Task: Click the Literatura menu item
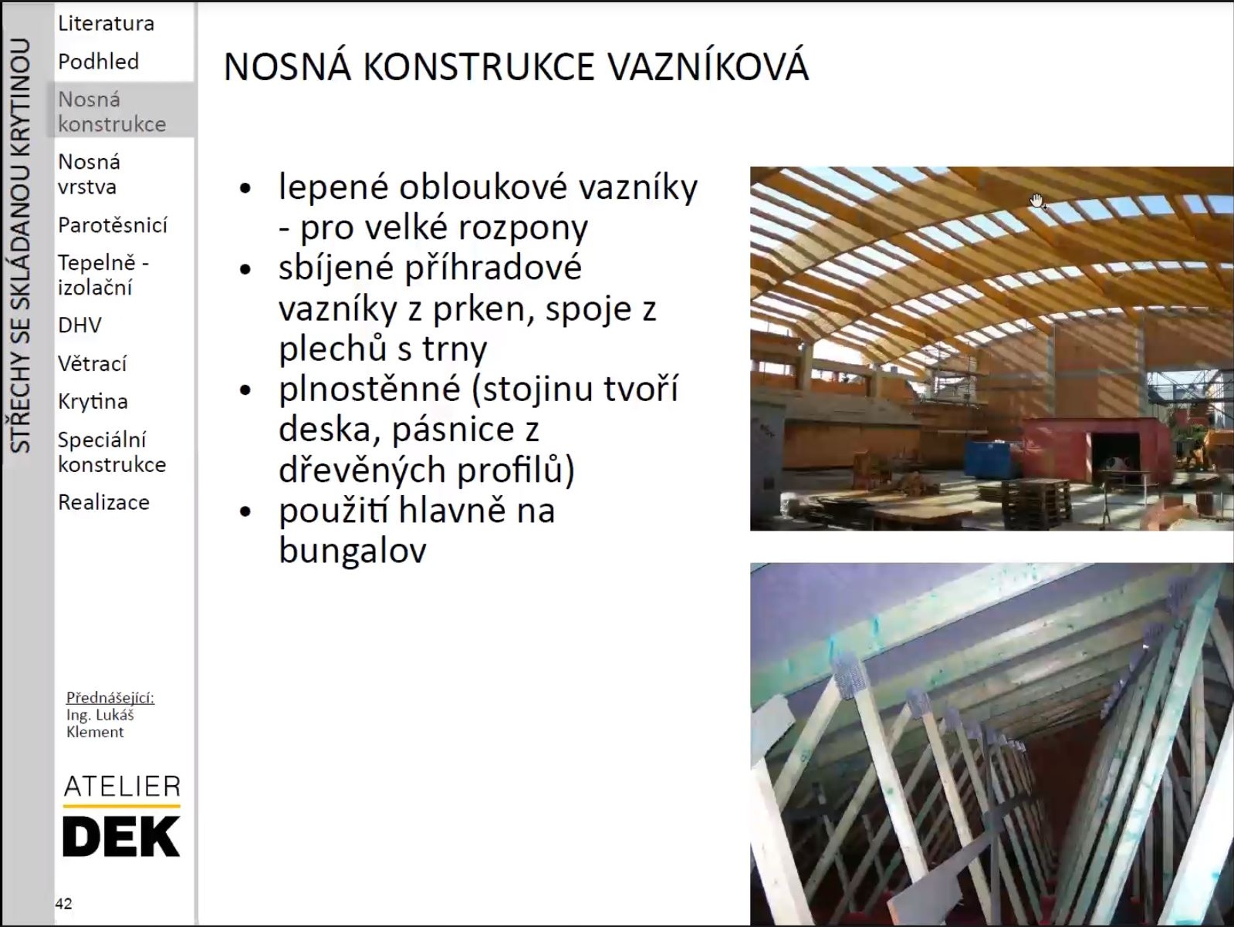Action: click(106, 23)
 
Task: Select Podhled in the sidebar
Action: click(98, 61)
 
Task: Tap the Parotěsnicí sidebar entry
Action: click(113, 225)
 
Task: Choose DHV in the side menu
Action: click(79, 325)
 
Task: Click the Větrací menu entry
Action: click(92, 363)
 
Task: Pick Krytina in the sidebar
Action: click(93, 401)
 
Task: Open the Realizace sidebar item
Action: click(103, 502)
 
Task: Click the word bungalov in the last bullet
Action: click(353, 550)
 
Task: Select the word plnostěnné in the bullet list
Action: click(370, 389)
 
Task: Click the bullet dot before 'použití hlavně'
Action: click(245, 512)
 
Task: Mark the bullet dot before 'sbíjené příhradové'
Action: click(245, 269)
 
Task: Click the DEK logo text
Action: click(121, 837)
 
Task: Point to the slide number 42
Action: click(63, 903)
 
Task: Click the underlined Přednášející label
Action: click(110, 697)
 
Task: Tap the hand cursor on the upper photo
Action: click(1036, 201)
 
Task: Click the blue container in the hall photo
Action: click(993, 459)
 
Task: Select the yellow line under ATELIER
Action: click(121, 806)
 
